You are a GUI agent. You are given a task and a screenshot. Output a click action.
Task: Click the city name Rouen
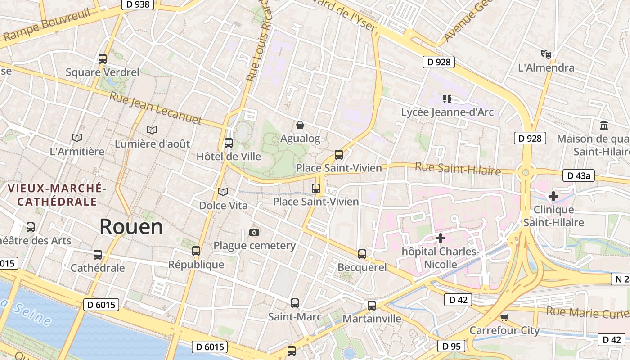pos(131,226)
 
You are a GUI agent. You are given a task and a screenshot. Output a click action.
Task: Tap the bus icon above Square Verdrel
pos(103,58)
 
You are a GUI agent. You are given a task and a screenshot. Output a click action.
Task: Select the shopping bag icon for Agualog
pos(300,125)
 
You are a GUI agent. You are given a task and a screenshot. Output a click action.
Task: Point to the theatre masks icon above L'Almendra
pos(546,54)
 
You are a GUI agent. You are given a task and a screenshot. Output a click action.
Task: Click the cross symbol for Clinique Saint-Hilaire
pos(553,196)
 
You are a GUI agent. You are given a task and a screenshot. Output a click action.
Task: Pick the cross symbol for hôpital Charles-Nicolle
pos(441,238)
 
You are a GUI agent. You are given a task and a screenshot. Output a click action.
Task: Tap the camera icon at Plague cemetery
pos(254,232)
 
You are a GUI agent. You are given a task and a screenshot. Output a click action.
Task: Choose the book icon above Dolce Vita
pos(223,192)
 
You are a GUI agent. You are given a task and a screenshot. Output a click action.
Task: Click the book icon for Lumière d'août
pos(152,130)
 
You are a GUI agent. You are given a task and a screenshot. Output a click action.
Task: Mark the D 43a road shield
pos(578,175)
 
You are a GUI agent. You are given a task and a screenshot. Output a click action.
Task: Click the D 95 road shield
pos(451,346)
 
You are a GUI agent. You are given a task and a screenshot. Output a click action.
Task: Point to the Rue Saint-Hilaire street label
pos(458,169)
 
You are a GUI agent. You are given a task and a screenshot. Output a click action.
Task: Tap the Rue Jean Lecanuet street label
pos(156,108)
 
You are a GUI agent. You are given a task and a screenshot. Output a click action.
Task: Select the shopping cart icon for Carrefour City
pos(504,317)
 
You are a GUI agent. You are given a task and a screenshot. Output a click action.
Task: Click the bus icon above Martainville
pos(372,306)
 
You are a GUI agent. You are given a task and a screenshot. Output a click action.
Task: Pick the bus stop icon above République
pos(196,251)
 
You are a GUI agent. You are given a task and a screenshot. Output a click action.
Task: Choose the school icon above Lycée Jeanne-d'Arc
pos(447,99)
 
